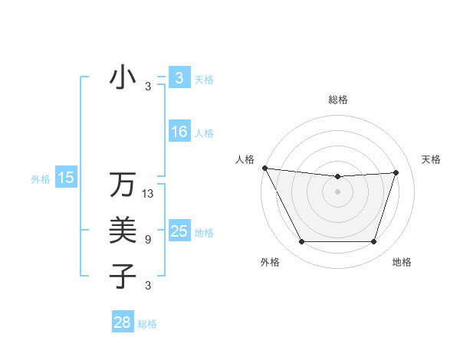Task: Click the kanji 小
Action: coord(123,78)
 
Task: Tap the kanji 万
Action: coord(123,185)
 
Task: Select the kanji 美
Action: coord(123,230)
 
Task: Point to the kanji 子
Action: coord(123,275)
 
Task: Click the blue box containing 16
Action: coord(179,132)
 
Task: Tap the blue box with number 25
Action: coord(179,231)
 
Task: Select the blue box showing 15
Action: coord(66,178)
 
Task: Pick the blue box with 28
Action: coord(123,322)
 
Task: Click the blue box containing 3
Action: coord(179,78)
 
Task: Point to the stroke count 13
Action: coord(149,194)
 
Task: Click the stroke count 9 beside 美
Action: coord(148,240)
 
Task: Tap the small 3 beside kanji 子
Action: coord(148,286)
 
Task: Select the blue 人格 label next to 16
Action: coord(204,133)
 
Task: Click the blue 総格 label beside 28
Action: coord(147,324)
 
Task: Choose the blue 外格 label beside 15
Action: coord(41,179)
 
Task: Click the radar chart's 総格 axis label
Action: coord(338,100)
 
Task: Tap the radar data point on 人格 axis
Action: coord(264,168)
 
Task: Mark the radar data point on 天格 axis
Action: coord(396,172)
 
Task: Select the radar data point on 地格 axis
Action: coord(374,242)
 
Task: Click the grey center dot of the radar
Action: coord(338,191)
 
